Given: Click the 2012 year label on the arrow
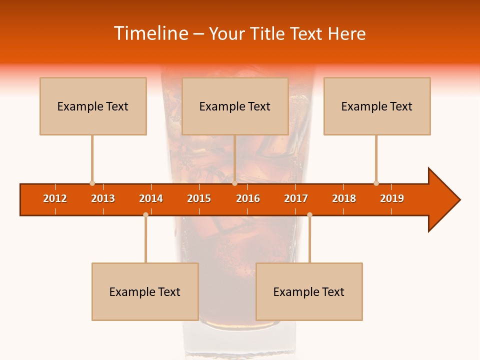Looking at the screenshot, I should pyautogui.click(x=55, y=198).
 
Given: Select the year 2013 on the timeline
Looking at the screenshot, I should pyautogui.click(x=103, y=198).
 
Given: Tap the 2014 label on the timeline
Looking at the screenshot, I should pyautogui.click(x=151, y=198).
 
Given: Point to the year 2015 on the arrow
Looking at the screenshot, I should pyautogui.click(x=199, y=198).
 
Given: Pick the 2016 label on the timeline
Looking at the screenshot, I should pyautogui.click(x=248, y=198).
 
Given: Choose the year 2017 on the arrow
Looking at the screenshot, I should pyautogui.click(x=296, y=198).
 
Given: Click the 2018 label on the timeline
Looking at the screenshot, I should pyautogui.click(x=344, y=198).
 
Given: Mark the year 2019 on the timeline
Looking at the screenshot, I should pyautogui.click(x=392, y=198).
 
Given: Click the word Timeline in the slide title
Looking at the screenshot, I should pyautogui.click(x=150, y=33).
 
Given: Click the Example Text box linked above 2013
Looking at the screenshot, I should pyautogui.click(x=93, y=106).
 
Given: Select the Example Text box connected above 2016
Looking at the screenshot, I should pyautogui.click(x=235, y=106).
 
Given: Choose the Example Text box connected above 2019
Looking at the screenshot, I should pyautogui.click(x=377, y=106).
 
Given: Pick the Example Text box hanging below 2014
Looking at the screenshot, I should pyautogui.click(x=145, y=291).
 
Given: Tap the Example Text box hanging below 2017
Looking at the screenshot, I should pyautogui.click(x=309, y=291).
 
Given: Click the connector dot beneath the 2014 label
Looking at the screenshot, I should pyautogui.click(x=145, y=214).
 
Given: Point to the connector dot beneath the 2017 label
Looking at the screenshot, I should pyautogui.click(x=309, y=214).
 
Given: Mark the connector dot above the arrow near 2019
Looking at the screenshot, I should pyautogui.click(x=376, y=183).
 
